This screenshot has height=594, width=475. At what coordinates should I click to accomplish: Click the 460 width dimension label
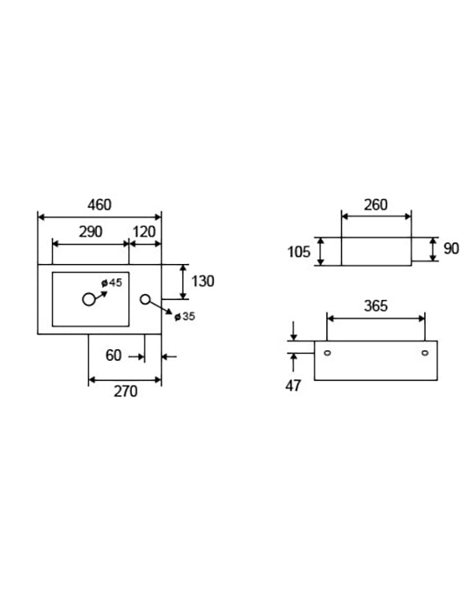99,205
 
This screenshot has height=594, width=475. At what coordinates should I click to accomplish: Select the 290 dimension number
91,231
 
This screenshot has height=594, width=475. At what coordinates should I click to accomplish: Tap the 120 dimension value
144,231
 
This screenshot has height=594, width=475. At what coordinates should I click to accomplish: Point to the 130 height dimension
202,282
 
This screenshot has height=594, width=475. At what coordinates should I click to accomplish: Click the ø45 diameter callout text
112,282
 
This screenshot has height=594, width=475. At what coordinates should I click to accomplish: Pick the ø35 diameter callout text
185,316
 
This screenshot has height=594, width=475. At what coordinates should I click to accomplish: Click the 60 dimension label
113,356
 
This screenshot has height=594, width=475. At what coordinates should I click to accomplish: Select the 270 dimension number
126,392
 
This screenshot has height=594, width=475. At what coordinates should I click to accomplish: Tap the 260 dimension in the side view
376,205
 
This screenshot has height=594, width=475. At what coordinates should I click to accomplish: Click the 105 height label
299,252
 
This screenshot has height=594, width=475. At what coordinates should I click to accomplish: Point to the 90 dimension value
451,249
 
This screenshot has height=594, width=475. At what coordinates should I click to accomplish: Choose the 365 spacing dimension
376,306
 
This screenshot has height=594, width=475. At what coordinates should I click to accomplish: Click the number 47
293,386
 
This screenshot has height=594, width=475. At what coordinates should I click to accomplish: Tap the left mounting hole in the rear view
327,353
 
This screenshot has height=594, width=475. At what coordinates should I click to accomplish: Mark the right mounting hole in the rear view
425,353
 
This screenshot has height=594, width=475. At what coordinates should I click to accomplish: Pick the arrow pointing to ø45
101,296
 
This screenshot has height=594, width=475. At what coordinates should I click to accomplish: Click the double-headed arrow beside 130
183,282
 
